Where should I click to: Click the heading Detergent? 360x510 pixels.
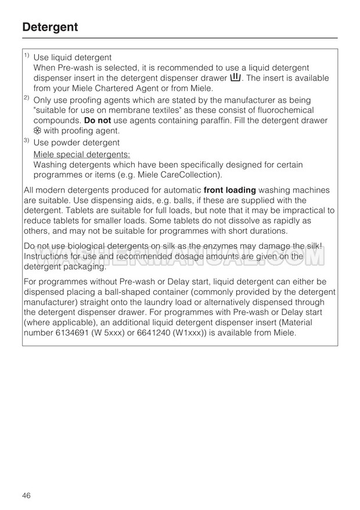point(50,27)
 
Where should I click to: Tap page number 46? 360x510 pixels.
point(27,495)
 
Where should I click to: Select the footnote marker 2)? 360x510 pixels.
point(27,99)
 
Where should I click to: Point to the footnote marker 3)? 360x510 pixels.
point(27,141)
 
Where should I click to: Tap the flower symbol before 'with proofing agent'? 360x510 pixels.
point(37,131)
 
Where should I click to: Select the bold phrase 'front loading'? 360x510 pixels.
point(229,190)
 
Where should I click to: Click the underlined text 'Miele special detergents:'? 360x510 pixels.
point(81,154)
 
